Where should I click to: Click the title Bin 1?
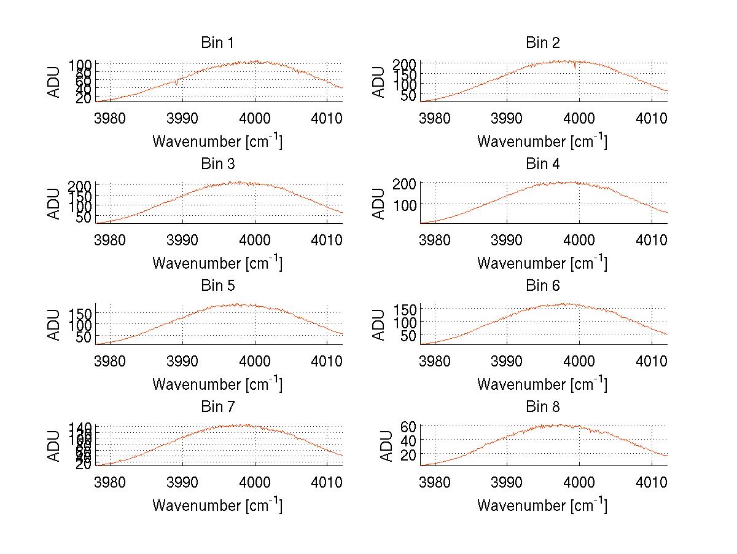coord(217,43)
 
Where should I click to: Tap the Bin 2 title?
coord(543,43)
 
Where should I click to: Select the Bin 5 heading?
coord(217,286)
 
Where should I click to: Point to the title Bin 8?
coord(543,407)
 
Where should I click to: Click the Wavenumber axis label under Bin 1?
coord(217,141)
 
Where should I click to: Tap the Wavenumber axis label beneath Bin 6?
coord(542,384)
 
